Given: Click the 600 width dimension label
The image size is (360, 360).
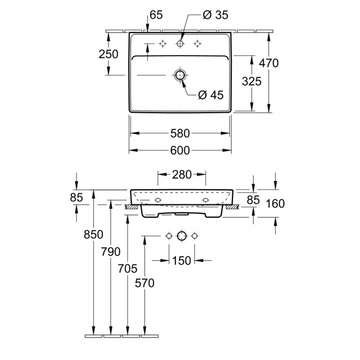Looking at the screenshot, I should (180, 149).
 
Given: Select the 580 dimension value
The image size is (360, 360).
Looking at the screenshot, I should (180, 133).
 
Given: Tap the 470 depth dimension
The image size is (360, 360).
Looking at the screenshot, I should (268, 63).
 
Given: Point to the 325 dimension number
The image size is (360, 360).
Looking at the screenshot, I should (251, 81).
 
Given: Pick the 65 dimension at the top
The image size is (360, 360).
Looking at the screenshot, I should (155, 15).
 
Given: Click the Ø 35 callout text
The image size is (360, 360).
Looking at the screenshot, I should (215, 15).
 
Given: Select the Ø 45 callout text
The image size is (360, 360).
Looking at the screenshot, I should (210, 94).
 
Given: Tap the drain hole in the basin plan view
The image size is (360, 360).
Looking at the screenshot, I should (180, 75).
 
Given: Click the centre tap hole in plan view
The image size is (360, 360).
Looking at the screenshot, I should (180, 44).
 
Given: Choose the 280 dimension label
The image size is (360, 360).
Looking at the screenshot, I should (182, 174).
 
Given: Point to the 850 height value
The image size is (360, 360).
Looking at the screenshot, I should (93, 234).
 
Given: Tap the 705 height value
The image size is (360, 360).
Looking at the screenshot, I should (128, 268).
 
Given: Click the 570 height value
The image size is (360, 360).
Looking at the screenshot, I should (144, 283).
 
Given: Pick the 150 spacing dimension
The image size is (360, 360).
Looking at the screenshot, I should (181, 260).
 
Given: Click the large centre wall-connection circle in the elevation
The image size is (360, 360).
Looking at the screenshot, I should (181, 235).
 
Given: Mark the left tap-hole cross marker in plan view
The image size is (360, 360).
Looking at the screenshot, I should (162, 44).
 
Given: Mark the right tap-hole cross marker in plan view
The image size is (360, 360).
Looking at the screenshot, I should (198, 44).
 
